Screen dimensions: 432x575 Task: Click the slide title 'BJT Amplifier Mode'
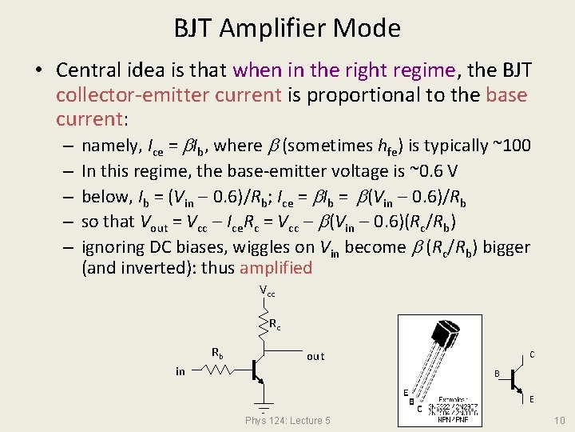287,29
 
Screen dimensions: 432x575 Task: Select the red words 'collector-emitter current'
168,95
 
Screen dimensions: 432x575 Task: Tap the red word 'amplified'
276,268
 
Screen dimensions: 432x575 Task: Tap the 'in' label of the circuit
180,371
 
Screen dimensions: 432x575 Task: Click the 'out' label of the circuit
315,356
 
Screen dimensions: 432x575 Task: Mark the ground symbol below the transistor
261,404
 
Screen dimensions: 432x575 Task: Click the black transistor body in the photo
443,335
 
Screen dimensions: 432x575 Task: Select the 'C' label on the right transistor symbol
532,354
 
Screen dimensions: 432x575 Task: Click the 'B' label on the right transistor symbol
497,374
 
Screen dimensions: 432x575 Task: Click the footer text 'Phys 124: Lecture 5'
287,421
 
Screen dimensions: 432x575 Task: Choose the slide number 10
558,421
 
